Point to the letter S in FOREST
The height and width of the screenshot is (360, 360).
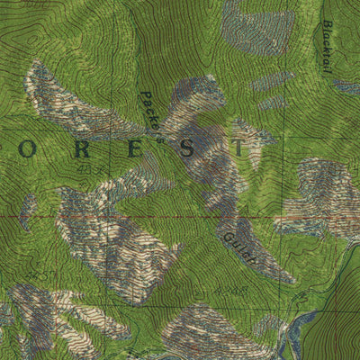186,148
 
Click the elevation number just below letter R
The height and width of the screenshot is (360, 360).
86,167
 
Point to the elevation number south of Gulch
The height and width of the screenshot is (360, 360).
231,291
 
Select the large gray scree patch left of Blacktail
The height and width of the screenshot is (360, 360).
259,27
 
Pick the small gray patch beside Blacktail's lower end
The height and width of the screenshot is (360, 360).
346,86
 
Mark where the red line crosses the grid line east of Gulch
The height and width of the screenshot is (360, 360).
286,217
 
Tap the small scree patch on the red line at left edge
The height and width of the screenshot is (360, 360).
27,211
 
